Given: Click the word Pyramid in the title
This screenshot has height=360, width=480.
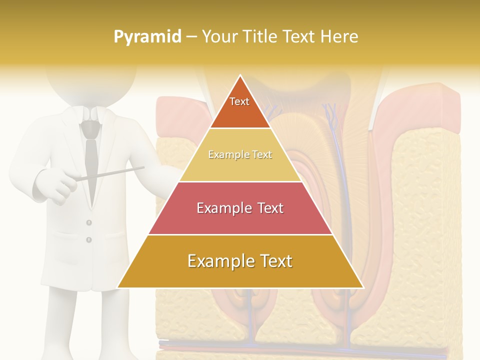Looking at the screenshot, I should tap(147, 37).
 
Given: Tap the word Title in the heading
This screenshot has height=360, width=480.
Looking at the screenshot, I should tap(260, 36).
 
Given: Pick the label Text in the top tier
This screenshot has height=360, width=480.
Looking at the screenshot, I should tap(239, 101).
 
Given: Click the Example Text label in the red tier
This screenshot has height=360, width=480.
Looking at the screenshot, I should tap(240, 208).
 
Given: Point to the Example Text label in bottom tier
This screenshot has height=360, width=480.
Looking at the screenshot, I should tap(240, 261).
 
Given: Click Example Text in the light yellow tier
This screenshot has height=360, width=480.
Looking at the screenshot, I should tap(240, 154).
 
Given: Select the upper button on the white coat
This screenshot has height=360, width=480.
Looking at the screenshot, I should tap(89, 222).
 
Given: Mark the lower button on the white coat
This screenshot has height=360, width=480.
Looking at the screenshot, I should tap(89, 240).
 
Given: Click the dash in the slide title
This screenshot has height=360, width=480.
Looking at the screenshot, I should tap(191, 37).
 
